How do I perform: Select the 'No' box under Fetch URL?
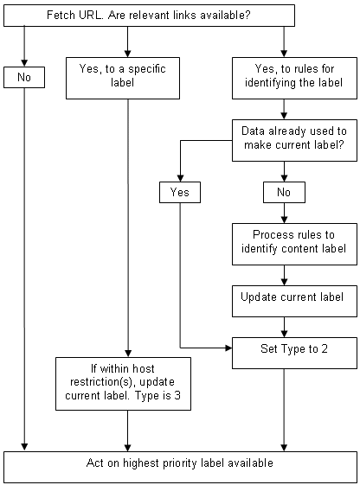point(24,78)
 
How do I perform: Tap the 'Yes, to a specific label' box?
point(128,78)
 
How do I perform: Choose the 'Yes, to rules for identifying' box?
point(285,78)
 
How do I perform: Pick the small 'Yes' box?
point(179,192)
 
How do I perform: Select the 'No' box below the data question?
point(285,192)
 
